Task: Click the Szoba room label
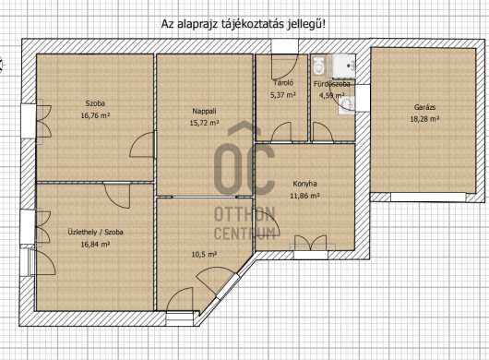(95, 103)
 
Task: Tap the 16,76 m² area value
(95, 115)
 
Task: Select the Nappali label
(204, 111)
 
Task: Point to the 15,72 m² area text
(204, 123)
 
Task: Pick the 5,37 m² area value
(283, 95)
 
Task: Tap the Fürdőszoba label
(332, 84)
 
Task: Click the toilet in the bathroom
(318, 66)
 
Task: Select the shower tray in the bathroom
(343, 66)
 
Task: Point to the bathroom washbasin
(347, 105)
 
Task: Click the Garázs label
(424, 107)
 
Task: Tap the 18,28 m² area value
(424, 119)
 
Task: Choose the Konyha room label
(304, 184)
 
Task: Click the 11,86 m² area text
(304, 196)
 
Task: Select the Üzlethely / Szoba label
(95, 232)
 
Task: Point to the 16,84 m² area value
(95, 245)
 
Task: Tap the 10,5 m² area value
(204, 255)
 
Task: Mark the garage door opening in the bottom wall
(428, 197)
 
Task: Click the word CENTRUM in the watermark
(244, 234)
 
